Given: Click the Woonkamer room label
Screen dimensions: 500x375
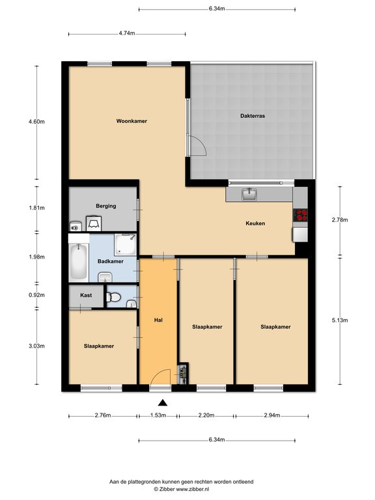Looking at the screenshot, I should [x=132, y=121].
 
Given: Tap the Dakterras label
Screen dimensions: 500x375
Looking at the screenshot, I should [x=252, y=116].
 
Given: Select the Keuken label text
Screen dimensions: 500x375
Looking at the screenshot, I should [x=255, y=223].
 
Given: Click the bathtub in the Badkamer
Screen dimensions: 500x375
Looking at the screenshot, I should [x=78, y=261].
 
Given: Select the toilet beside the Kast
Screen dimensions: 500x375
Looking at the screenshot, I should [x=115, y=298].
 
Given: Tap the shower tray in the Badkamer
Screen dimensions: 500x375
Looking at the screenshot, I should [x=126, y=244].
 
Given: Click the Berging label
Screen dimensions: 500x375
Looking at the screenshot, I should [x=105, y=206].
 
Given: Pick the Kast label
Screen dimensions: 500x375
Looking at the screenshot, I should [x=86, y=295].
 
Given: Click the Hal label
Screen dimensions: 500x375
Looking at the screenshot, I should [x=158, y=320].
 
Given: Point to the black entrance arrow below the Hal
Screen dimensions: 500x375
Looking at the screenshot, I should [x=162, y=403].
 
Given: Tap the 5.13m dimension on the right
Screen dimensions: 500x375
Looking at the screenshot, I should [x=340, y=320].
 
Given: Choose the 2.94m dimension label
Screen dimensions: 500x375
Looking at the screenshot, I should [x=272, y=415].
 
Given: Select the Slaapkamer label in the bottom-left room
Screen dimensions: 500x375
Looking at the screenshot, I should [x=99, y=346].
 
